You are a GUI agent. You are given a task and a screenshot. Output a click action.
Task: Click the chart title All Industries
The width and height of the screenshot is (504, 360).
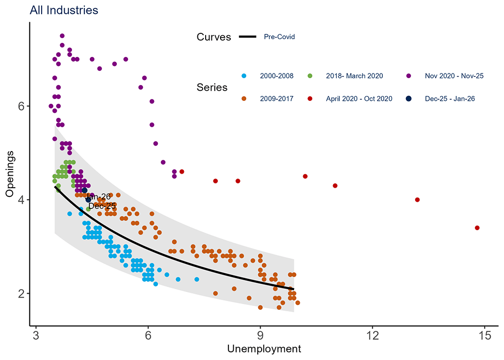(x=64, y=10)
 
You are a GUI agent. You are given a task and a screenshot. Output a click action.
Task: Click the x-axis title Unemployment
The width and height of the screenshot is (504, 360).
(x=265, y=348)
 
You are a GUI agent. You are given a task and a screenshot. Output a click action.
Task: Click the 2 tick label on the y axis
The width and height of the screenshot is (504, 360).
(x=21, y=293)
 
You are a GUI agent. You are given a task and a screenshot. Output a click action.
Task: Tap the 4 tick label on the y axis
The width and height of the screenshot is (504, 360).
(x=21, y=200)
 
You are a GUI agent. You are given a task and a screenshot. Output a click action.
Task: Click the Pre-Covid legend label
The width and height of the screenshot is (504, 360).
(x=279, y=37)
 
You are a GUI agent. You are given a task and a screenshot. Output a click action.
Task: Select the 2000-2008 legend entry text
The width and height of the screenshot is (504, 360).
(x=275, y=76)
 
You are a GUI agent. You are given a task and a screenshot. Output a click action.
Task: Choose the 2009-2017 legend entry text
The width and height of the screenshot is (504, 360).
(x=275, y=98)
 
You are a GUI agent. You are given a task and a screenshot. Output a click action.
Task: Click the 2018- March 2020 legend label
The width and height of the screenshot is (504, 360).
(x=354, y=76)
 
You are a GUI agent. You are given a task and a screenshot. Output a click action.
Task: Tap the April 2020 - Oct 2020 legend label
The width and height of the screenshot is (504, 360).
(x=359, y=98)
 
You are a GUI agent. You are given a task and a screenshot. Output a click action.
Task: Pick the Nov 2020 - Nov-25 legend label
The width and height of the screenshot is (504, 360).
(x=454, y=76)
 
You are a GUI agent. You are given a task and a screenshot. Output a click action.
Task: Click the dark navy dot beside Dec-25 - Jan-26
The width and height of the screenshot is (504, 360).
(x=408, y=98)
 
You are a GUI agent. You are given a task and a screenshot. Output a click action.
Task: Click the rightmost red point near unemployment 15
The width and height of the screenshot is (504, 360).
(x=477, y=228)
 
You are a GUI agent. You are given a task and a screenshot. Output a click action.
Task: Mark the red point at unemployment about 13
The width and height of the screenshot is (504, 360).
(x=417, y=200)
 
